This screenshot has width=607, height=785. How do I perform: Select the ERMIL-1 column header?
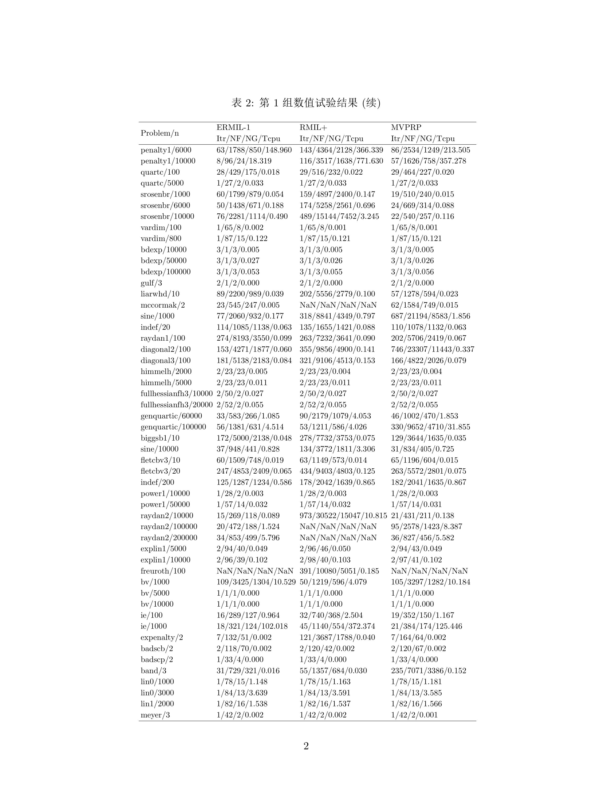tap(233, 127)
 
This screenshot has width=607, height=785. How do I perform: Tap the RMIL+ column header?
tap(313, 127)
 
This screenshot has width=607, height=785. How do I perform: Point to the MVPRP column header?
tap(406, 127)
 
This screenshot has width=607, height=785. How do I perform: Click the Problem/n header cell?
tap(160, 133)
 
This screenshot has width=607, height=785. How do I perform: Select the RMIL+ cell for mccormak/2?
tap(338, 305)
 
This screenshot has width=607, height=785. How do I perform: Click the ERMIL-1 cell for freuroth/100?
tap(255, 571)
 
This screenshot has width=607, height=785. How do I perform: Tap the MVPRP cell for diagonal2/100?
tap(433, 349)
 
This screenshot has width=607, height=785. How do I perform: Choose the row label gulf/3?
tap(151, 283)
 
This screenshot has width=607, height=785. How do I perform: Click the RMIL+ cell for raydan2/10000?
tap(343, 515)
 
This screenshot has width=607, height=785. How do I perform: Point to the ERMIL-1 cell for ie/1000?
tap(252, 626)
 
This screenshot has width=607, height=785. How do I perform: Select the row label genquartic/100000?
tap(173, 427)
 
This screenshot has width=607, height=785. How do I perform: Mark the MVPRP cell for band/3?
tap(428, 671)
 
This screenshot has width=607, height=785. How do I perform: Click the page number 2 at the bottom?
tap(306, 746)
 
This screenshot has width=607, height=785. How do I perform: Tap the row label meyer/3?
tap(155, 715)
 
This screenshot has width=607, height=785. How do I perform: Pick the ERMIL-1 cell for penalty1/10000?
tap(244, 161)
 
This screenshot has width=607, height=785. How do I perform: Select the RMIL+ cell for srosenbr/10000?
tap(339, 216)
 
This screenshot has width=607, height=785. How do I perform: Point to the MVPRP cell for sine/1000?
tap(430, 316)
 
